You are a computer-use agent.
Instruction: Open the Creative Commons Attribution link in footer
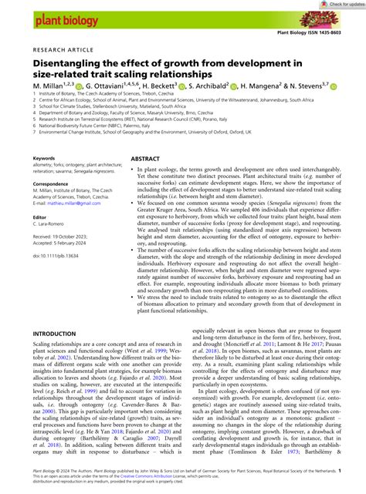(143, 486)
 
